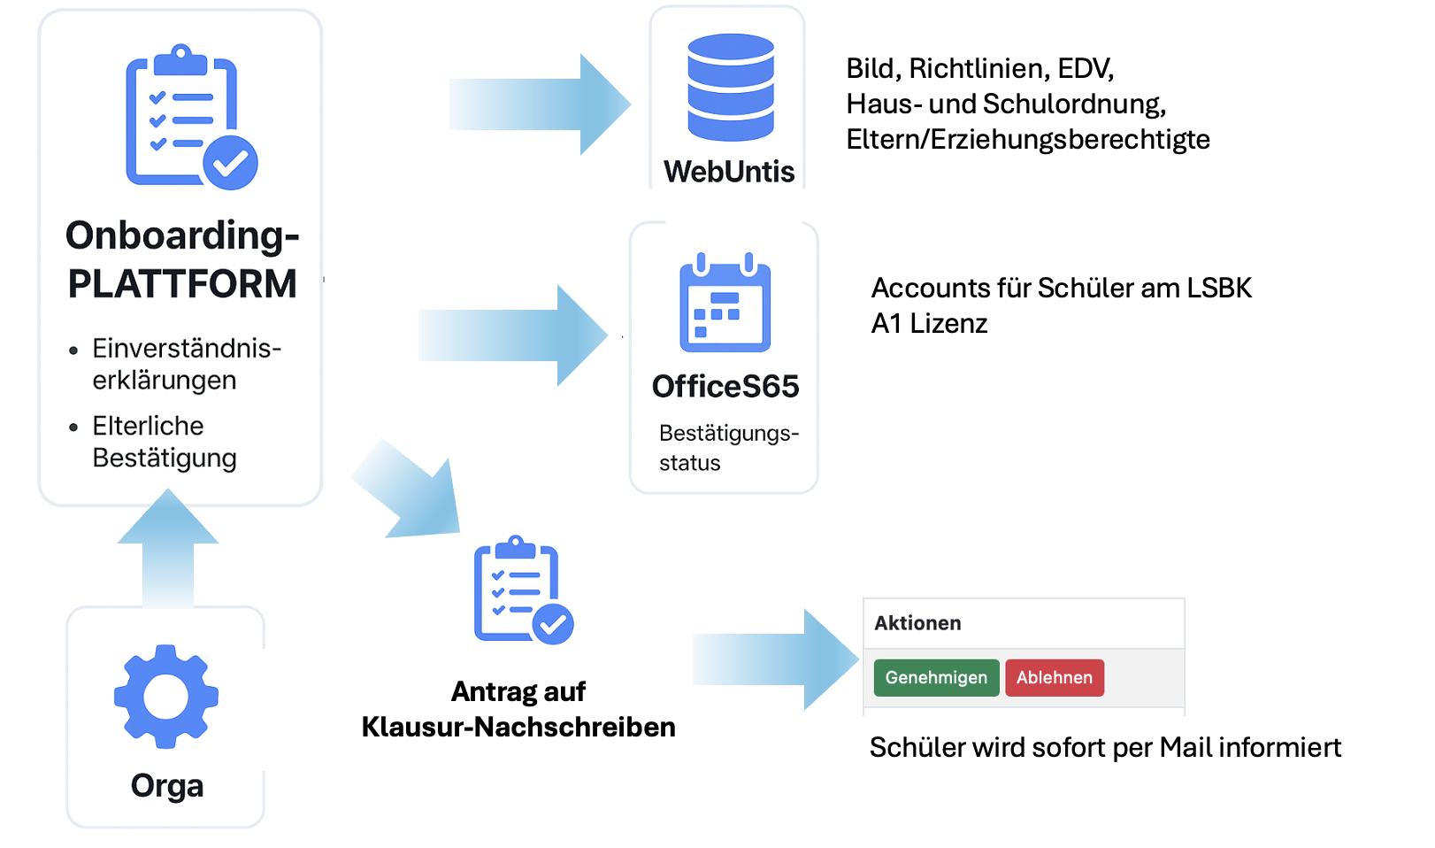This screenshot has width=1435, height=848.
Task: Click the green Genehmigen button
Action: coord(936,678)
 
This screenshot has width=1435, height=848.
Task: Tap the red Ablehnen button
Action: coord(1054,678)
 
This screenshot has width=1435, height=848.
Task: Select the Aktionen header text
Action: coord(917,623)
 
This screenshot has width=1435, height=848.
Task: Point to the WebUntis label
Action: coord(729,172)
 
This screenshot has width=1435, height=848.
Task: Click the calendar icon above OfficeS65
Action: coord(725,303)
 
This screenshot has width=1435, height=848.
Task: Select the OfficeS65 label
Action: coord(725,387)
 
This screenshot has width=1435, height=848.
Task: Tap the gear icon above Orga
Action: coord(166,696)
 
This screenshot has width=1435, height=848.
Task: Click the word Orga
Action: coord(167,786)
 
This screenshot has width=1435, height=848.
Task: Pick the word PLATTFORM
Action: coord(182,285)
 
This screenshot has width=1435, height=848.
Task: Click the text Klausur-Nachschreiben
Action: coord(518,728)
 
